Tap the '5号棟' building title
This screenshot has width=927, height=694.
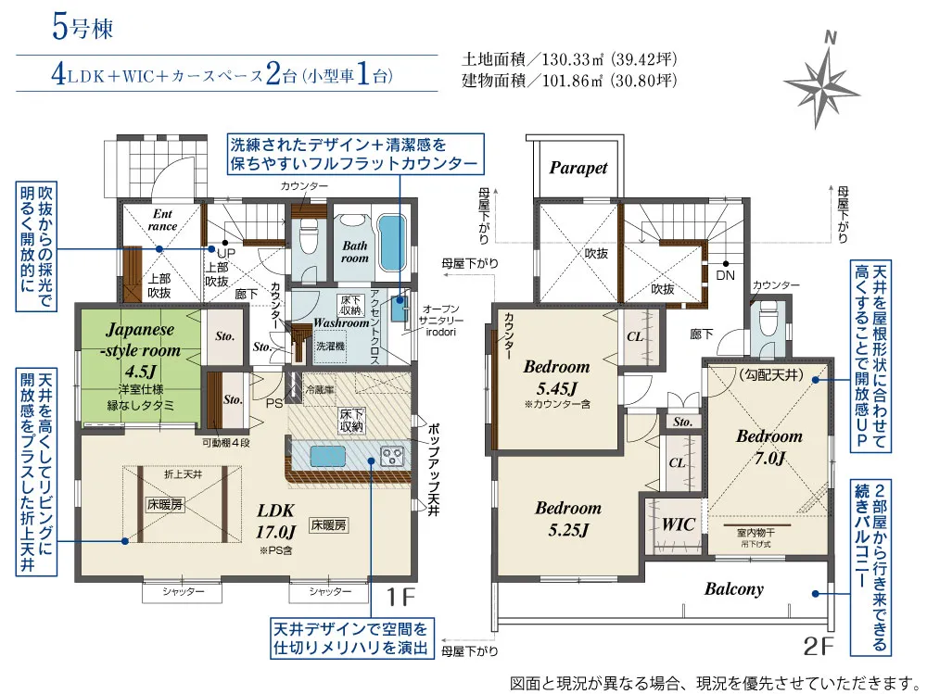point(83,28)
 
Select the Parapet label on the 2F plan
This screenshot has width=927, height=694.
point(578,168)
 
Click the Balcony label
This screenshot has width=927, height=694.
point(733,588)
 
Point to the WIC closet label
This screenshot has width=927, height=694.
point(678,524)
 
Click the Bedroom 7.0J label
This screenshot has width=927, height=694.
point(768,447)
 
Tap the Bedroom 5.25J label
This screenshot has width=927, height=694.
point(567,519)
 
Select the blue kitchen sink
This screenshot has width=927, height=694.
point(332,457)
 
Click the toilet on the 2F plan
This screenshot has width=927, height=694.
point(766,322)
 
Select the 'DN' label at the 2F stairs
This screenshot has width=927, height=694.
point(725,275)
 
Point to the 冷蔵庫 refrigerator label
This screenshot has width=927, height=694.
point(322,391)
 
